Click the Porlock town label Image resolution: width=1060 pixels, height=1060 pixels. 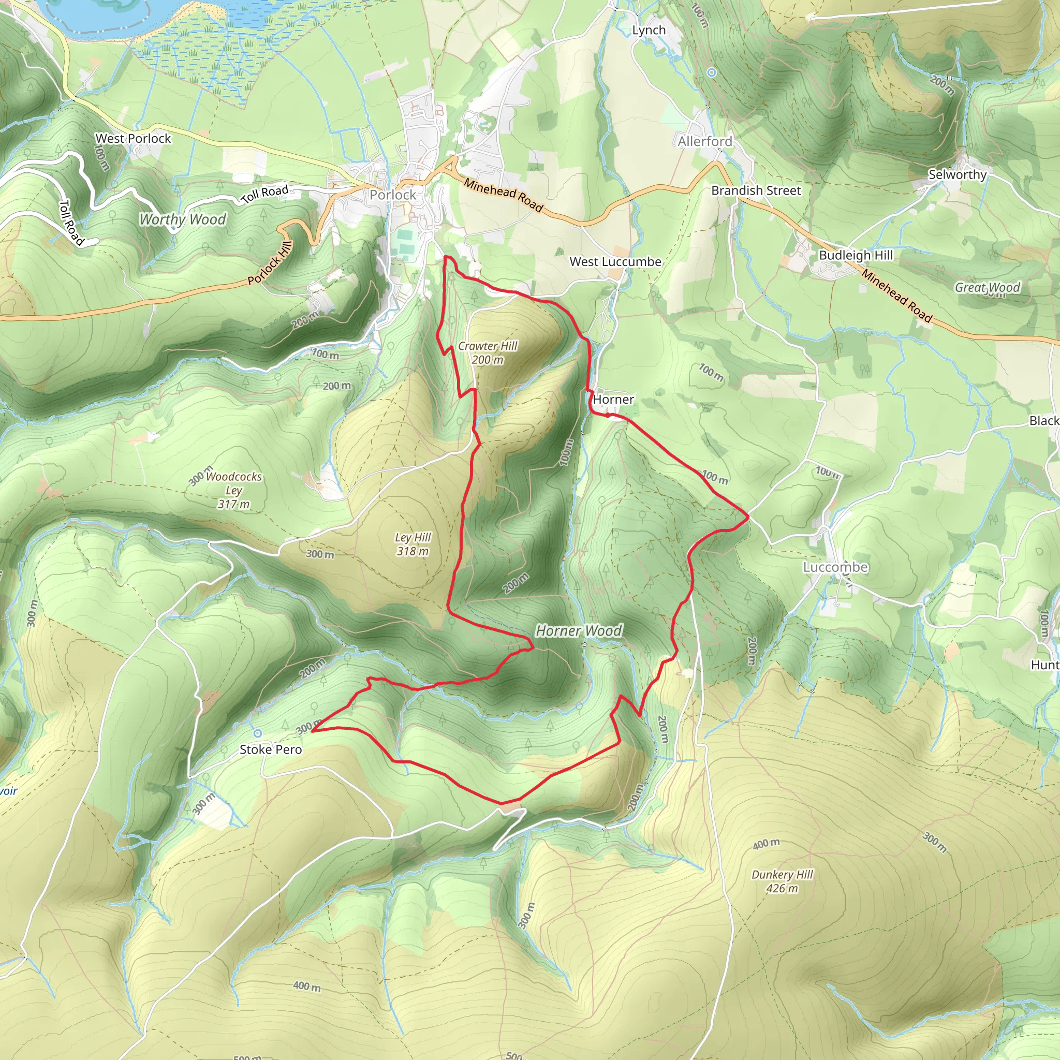[392, 195]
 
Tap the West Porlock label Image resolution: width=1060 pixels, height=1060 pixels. [134, 138]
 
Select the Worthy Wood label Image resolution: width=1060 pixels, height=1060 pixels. [183, 219]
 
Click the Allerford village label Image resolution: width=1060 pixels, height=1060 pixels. [704, 141]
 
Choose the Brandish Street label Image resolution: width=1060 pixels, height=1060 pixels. [756, 190]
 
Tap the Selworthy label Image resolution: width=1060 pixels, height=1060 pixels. [958, 174]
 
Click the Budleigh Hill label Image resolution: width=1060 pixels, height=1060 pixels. [856, 255]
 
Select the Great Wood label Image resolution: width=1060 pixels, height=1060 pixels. [987, 287]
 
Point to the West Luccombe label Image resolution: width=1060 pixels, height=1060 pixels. [615, 262]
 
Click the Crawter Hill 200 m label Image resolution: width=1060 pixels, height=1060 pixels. [488, 353]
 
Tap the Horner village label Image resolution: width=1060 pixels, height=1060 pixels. [613, 400]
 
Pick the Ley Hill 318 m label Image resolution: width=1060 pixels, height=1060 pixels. [413, 544]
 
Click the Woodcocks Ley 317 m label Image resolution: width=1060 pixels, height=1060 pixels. [234, 490]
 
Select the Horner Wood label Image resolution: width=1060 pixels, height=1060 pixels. [579, 631]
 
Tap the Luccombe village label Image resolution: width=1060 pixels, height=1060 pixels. [835, 567]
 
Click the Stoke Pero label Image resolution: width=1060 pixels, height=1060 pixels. [271, 749]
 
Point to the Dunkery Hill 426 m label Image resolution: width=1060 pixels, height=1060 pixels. [782, 881]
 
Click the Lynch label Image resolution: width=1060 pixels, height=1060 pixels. [649, 30]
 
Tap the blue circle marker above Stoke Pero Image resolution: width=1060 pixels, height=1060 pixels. [257, 733]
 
